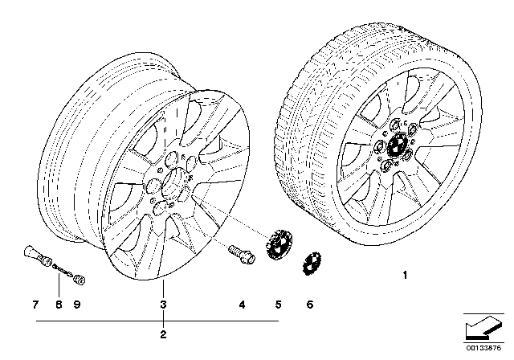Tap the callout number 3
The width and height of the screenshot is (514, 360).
163,305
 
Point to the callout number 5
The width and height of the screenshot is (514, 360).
278,305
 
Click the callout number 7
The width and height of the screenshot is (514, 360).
35,305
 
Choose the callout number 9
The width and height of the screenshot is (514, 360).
77,305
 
